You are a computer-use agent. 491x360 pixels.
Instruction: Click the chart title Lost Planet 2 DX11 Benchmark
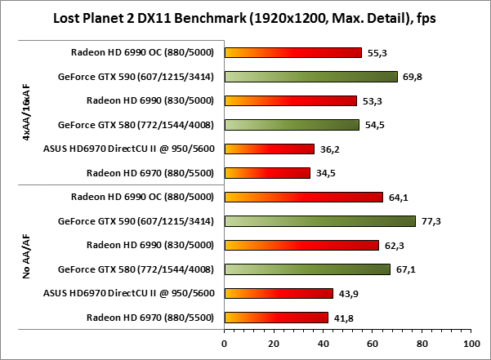pyautogui.click(x=245, y=17)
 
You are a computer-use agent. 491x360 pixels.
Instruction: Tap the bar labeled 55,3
pyautogui.click(x=292, y=53)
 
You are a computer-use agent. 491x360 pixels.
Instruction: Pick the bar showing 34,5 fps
pyautogui.click(x=267, y=173)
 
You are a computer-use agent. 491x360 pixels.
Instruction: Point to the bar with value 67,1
pyautogui.click(x=307, y=269)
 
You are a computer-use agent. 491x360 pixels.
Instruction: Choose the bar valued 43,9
pyautogui.click(x=279, y=293)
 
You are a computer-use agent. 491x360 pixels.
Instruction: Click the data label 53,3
pyautogui.click(x=370, y=101)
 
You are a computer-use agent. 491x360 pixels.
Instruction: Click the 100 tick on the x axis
pyautogui.click(x=471, y=343)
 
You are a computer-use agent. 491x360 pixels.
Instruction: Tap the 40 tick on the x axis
pyautogui.click(x=323, y=343)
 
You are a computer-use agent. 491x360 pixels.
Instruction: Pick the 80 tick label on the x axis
pyautogui.click(x=422, y=343)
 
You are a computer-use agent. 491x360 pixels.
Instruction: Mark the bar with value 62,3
pyautogui.click(x=301, y=245)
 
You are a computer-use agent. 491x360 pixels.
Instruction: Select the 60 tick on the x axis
pyautogui.click(x=373, y=343)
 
